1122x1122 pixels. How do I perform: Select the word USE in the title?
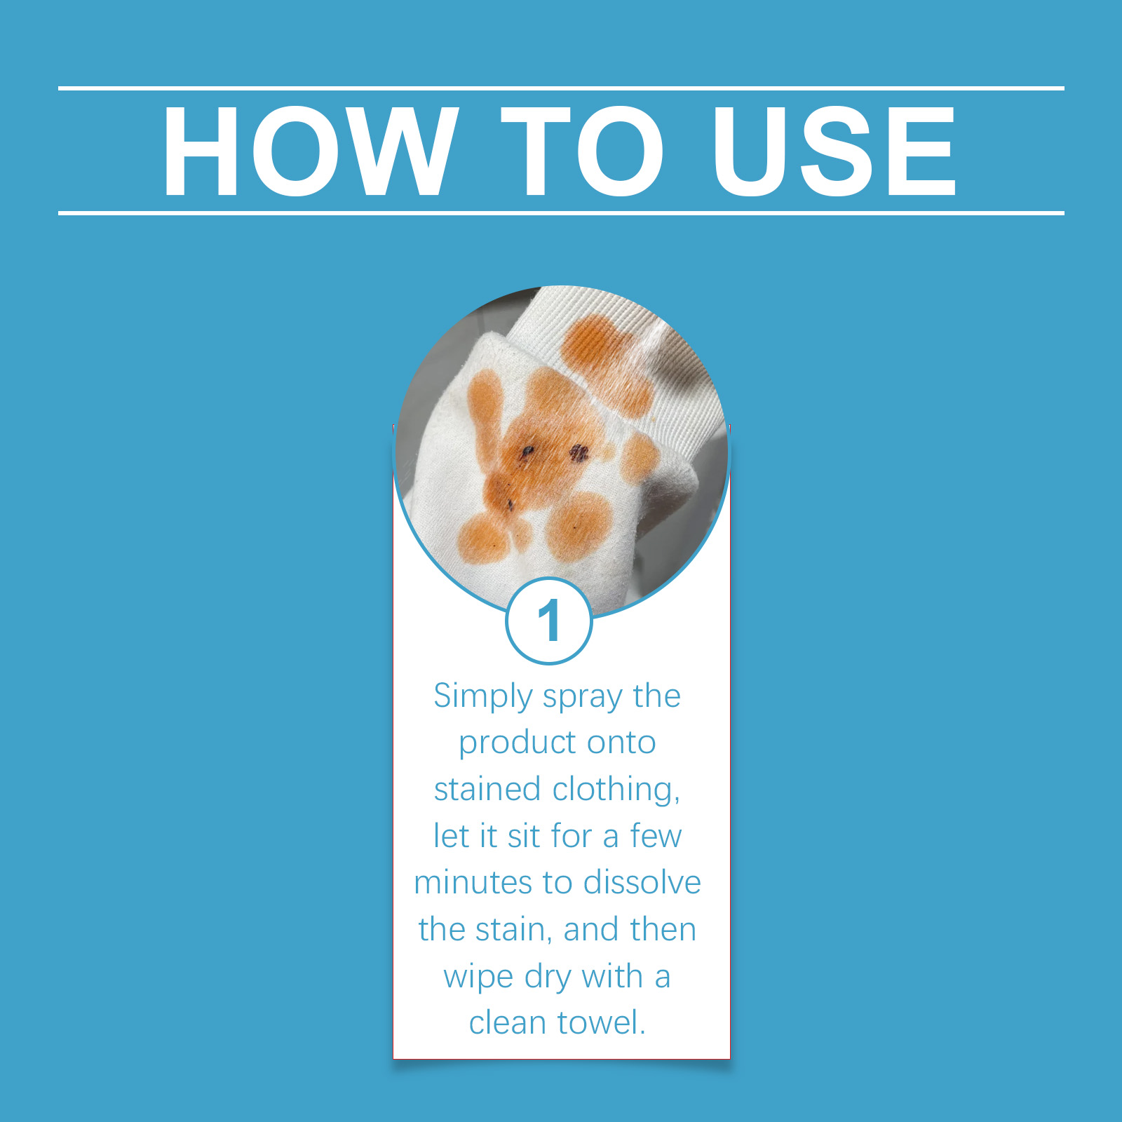point(834,151)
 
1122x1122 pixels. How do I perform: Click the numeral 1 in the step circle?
point(549,621)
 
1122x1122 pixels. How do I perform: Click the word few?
point(656,836)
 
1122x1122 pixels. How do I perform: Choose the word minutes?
point(473,883)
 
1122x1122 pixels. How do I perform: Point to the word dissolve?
point(642,882)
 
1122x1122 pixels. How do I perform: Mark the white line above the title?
point(561,88)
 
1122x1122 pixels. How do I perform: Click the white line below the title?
point(561,212)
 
